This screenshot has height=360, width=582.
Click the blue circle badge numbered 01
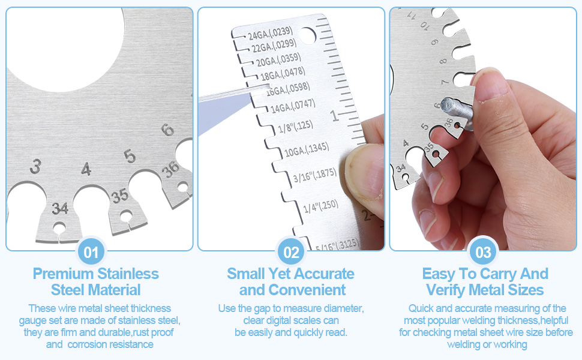coord(91,252)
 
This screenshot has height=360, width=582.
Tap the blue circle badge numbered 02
coord(291,252)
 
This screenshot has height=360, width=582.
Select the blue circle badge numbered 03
coord(483,252)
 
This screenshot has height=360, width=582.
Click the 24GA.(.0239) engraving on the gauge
coord(271,32)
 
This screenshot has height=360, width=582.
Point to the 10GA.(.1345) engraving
coord(307,149)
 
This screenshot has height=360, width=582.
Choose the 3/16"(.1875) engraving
coord(315,175)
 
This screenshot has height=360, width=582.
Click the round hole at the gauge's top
coord(307,35)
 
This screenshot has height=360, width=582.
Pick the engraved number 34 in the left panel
coord(60,209)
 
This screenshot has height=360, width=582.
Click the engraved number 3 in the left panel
coord(35,166)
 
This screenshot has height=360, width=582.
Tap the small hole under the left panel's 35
coord(126,215)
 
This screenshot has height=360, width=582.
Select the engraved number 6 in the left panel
coord(167,130)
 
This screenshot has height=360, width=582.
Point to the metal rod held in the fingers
coord(457,112)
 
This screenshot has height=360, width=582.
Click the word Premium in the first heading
coord(63,274)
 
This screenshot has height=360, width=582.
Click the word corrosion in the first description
coord(86,344)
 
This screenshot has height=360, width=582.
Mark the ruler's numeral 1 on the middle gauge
coord(335,116)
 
